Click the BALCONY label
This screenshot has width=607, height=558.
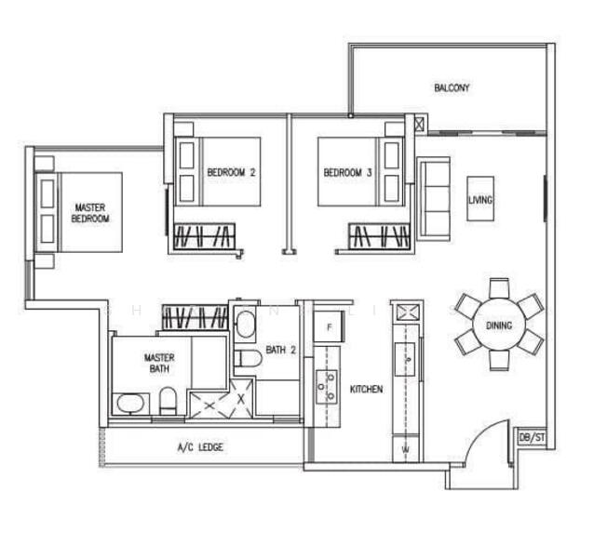click(x=452, y=88)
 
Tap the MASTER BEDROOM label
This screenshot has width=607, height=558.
click(x=90, y=213)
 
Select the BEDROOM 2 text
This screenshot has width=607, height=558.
click(x=231, y=173)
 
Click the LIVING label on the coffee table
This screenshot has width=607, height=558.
click(x=480, y=200)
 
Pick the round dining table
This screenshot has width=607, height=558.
click(x=499, y=325)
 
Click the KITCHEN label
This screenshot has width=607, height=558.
click(x=366, y=389)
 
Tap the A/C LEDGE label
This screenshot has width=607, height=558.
click(x=200, y=447)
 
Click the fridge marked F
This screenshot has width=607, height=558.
click(x=328, y=326)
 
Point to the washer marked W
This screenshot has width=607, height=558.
click(x=406, y=449)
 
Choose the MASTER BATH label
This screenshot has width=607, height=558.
click(x=159, y=363)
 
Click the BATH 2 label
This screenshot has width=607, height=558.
click(x=280, y=351)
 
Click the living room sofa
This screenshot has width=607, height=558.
click(x=434, y=197)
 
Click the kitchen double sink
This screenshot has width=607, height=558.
click(x=326, y=385)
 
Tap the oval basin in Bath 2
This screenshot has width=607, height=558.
click(x=245, y=325)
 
